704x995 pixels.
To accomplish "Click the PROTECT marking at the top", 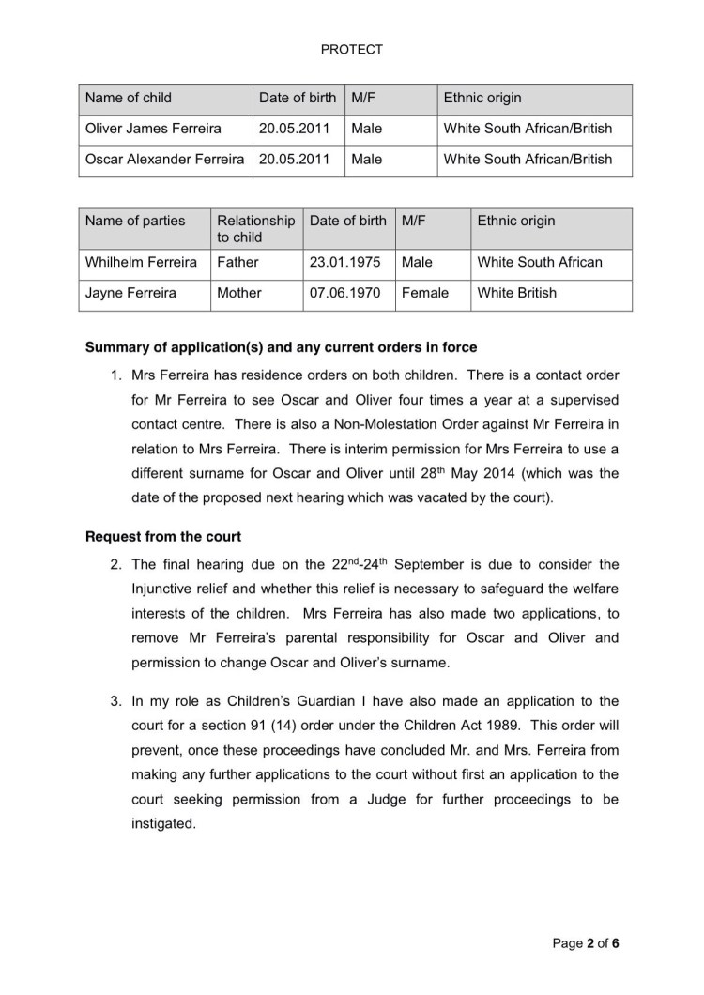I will [x=351, y=49].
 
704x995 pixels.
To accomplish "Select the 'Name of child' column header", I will [x=129, y=98].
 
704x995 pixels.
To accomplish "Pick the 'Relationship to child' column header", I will [x=254, y=229].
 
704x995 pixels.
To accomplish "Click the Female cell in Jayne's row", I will [x=424, y=293].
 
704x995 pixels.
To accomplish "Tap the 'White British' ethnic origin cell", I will [x=516, y=293].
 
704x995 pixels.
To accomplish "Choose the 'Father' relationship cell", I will [x=237, y=262].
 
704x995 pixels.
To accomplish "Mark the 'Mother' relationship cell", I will [x=238, y=293].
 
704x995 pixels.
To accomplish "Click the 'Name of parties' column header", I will [x=135, y=222].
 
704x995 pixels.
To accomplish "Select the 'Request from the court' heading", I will [x=163, y=537].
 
